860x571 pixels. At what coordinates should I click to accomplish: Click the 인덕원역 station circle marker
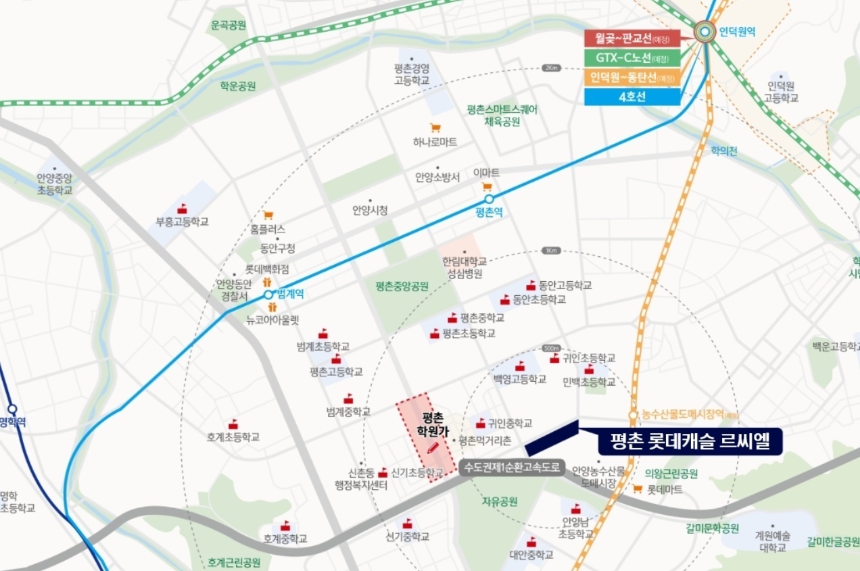(x=705, y=30)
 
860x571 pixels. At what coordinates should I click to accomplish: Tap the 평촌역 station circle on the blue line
(x=489, y=199)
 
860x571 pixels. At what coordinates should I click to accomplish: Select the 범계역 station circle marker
(x=268, y=295)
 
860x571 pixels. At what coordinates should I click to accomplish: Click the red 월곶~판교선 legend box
(x=632, y=39)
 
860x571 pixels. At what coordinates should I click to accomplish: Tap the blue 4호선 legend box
(x=632, y=96)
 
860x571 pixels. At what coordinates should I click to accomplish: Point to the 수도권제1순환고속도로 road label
(x=512, y=466)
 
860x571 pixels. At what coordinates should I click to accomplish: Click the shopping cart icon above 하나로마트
(x=435, y=128)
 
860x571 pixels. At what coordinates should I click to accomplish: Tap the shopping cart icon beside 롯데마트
(x=638, y=489)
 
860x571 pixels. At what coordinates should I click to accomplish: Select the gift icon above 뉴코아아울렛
(x=272, y=307)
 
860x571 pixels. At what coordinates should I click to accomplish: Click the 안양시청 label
(x=370, y=210)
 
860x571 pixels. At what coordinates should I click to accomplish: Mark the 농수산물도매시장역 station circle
(x=633, y=415)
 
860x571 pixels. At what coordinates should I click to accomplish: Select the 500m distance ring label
(x=552, y=348)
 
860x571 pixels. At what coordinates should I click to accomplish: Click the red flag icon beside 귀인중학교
(x=480, y=424)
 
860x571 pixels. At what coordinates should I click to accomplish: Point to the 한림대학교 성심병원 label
(x=464, y=268)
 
